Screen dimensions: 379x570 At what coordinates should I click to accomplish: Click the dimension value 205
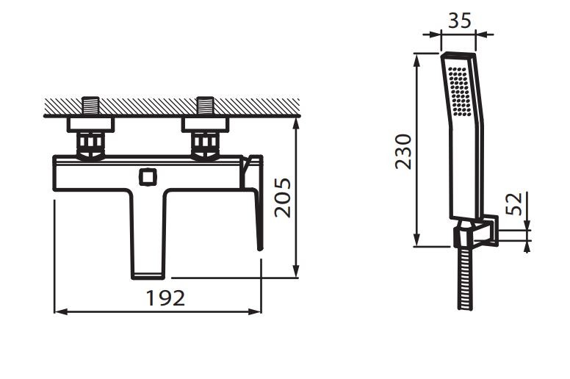[283, 197]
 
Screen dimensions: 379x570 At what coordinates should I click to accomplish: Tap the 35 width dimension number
[459, 21]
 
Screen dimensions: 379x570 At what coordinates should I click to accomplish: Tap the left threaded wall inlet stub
[90, 106]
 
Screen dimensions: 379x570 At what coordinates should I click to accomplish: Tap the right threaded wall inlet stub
[205, 106]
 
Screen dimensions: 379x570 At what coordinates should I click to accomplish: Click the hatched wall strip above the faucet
[169, 107]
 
